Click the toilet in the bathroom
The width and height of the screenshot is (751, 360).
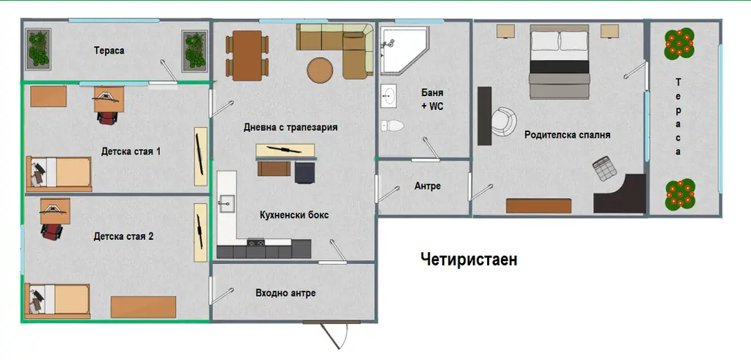pos(392,125)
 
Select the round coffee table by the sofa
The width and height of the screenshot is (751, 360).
pos(320,71)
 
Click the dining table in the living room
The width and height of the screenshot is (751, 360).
pos(247,56)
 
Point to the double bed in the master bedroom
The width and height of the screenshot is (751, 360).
pos(560,62)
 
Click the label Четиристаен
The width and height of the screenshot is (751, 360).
pos(469,260)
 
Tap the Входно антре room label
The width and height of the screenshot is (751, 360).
pos(285,293)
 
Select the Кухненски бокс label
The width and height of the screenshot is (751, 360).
pos(294,215)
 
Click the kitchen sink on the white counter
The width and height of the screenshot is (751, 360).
pos(225,203)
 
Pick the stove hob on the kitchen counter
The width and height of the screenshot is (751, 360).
pos(256,243)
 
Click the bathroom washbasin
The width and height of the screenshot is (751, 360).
pos(389,96)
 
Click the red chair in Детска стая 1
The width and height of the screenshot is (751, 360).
pos(106,117)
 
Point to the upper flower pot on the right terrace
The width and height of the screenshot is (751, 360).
pos(679,43)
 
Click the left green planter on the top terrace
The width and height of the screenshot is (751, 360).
pos(39,48)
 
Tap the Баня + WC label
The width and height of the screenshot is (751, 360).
pos(432,100)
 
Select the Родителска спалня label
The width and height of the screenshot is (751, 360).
pos(567,135)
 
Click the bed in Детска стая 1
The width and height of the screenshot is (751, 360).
pos(59,175)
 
